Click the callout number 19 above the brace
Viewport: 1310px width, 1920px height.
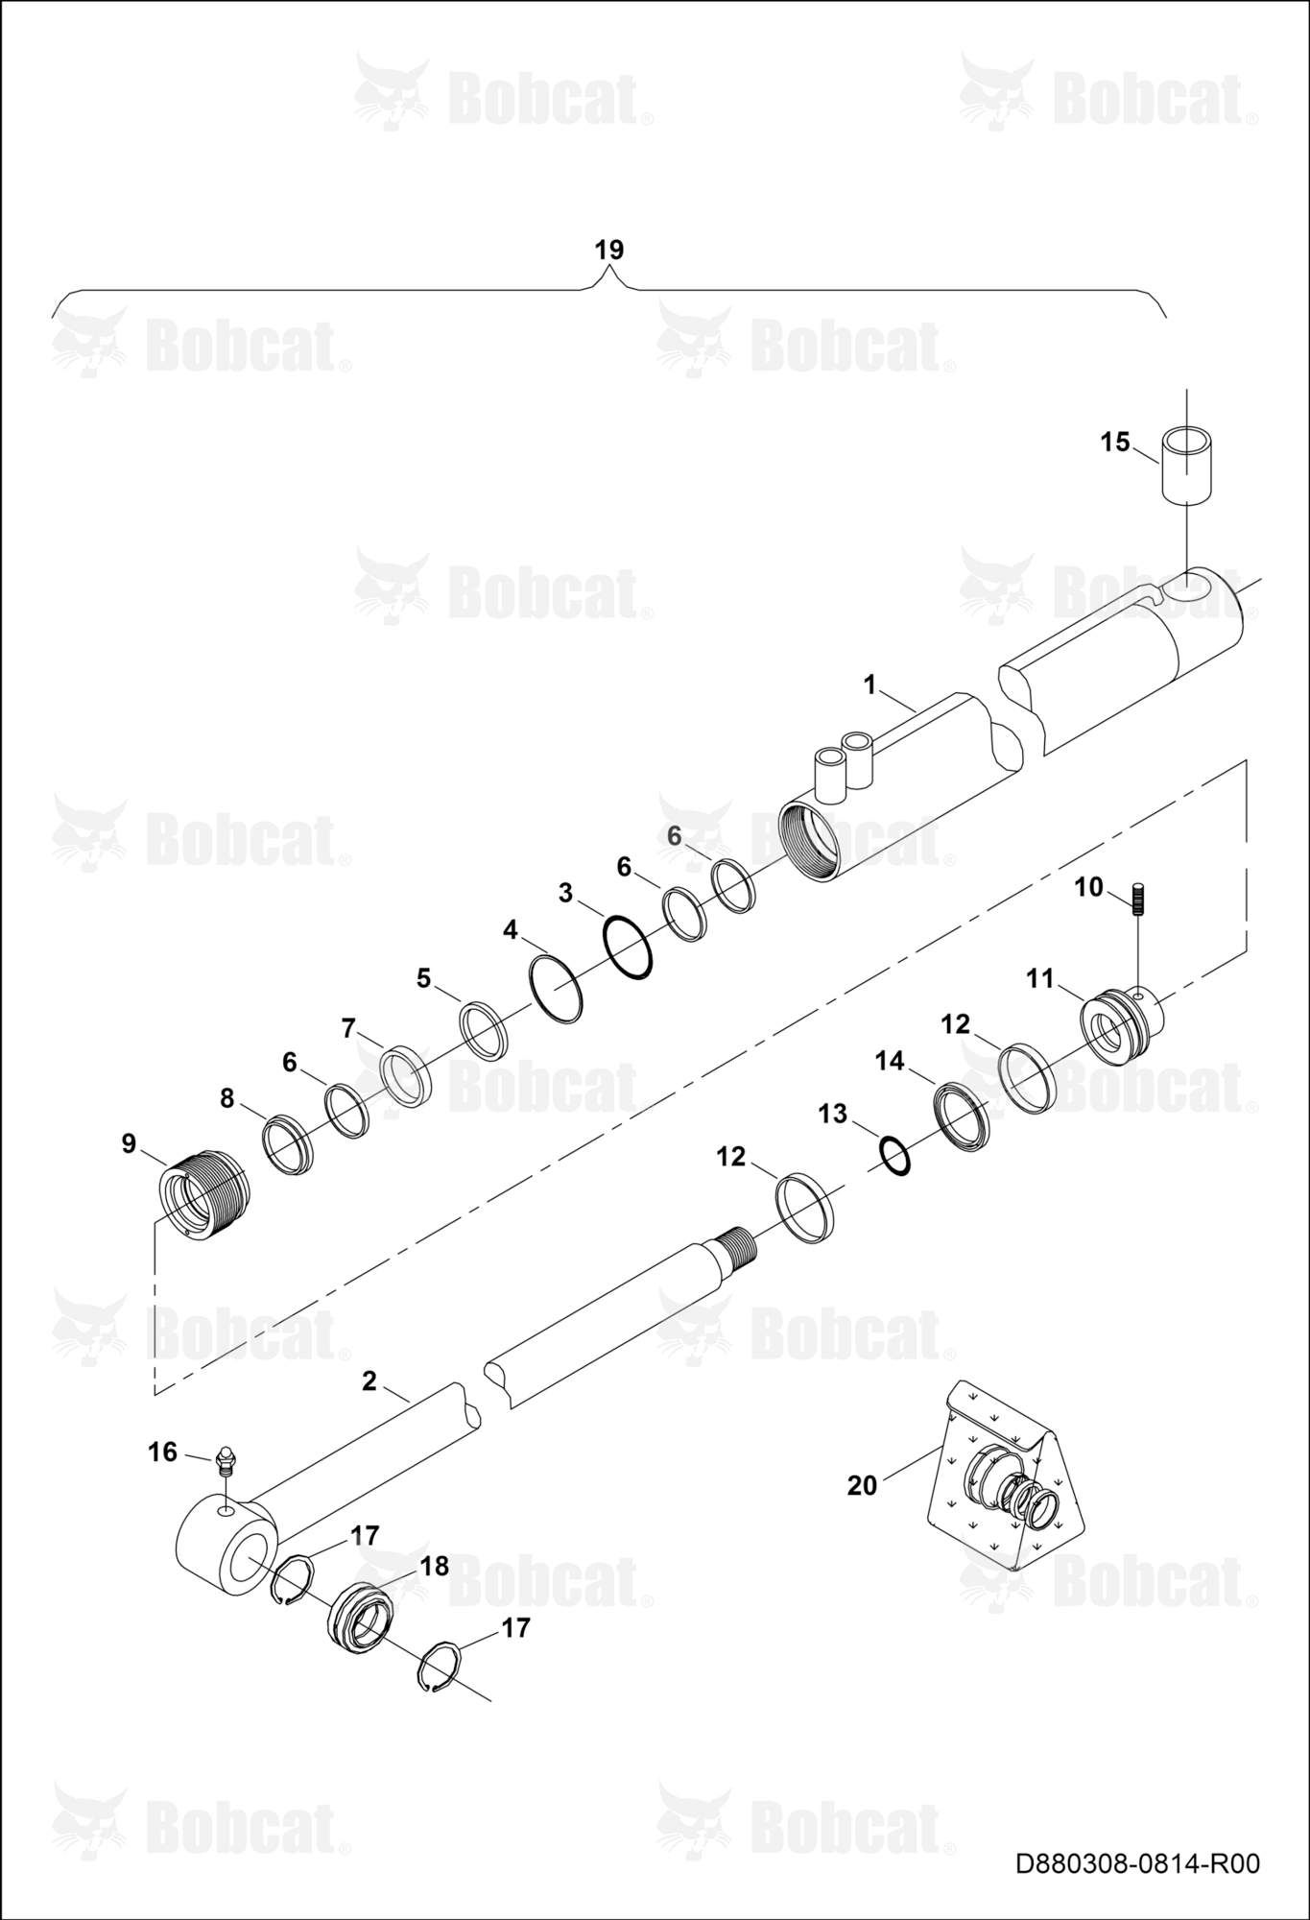coord(608,250)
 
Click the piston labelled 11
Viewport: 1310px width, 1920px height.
coord(1122,1027)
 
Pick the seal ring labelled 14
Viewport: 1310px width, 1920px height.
coord(962,1116)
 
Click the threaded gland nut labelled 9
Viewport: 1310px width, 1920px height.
coord(202,1198)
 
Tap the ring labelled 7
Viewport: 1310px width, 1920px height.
coord(406,1077)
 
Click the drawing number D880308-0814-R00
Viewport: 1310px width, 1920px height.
coord(1137,1863)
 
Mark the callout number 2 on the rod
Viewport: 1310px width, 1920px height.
coord(369,1381)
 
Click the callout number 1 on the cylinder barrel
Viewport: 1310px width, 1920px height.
coord(869,684)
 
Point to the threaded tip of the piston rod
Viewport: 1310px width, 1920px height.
coord(741,1245)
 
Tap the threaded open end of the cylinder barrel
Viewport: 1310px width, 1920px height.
coord(808,843)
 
